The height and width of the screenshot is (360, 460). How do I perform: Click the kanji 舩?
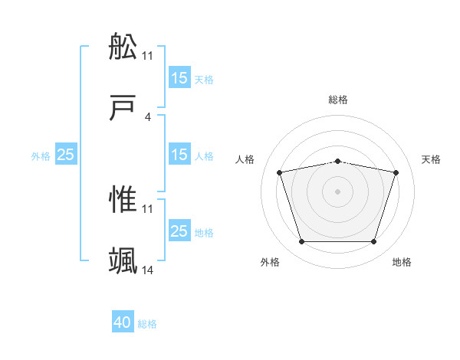tap(123, 47)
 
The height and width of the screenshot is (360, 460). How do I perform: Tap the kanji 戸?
tap(123, 110)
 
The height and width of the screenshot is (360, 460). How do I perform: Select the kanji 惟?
tap(123, 200)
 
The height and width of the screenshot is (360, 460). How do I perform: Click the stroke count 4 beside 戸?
tap(148, 117)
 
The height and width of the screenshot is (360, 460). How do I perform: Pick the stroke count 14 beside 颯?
tap(148, 271)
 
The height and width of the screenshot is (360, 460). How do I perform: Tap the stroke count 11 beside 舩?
tap(148, 55)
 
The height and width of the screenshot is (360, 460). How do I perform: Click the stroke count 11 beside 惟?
tap(148, 208)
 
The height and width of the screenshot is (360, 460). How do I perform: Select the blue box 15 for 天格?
tap(179, 77)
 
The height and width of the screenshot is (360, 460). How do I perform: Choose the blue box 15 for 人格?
tap(179, 155)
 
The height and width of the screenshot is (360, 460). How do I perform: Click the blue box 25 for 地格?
tap(179, 231)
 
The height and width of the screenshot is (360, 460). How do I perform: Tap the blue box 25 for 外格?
tap(66, 155)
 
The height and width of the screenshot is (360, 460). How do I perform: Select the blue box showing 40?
tap(123, 322)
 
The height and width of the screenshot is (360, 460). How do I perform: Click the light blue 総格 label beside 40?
tap(147, 324)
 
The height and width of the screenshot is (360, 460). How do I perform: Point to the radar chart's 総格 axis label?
tap(338, 100)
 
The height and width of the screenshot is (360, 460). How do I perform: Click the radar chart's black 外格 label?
tap(270, 262)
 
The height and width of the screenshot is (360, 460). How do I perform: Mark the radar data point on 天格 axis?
tap(396, 172)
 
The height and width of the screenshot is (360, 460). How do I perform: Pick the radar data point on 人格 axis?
tap(280, 172)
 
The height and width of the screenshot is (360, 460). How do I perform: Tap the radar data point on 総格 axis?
tap(338, 161)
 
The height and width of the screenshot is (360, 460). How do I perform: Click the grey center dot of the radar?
tap(338, 191)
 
